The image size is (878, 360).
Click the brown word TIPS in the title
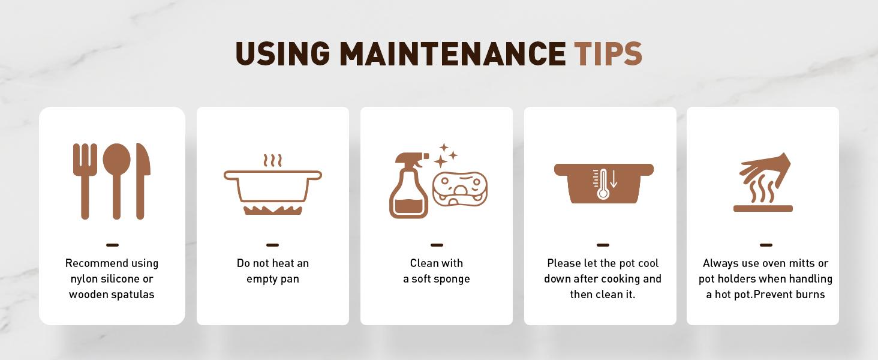tap(608, 53)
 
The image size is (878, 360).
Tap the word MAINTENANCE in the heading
tap(452, 53)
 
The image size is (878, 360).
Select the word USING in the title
tap(282, 53)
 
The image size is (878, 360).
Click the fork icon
tap(85, 181)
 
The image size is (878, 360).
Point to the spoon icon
tap(116, 181)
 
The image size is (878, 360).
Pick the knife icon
tap(143, 181)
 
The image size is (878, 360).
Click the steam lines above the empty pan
tap(272, 160)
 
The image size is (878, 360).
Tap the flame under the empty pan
tap(273, 211)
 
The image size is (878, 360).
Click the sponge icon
tap(460, 190)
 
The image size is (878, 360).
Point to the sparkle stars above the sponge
tap(446, 155)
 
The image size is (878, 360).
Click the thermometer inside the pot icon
tap(603, 184)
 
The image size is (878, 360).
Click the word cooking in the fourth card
tap(621, 279)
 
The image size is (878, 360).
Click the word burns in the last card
tap(811, 295)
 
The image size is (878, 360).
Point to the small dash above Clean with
tap(437, 245)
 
